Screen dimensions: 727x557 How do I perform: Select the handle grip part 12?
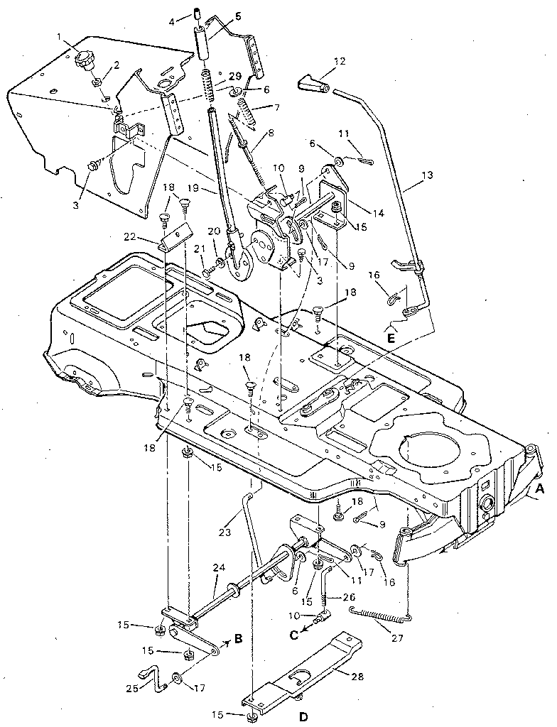tap(310, 87)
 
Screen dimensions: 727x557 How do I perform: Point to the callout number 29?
tap(235, 76)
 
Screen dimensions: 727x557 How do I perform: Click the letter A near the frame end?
tap(539, 488)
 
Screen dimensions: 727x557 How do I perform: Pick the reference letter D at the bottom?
tap(303, 717)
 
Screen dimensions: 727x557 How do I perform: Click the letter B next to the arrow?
tap(238, 638)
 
